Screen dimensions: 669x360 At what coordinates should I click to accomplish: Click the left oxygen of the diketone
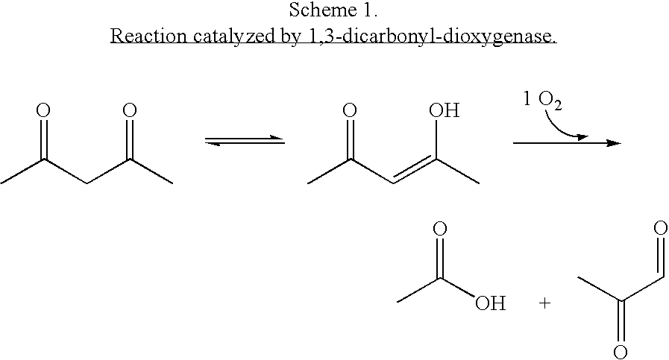point(44,111)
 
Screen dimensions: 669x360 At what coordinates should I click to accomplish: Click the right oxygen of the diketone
point(129,111)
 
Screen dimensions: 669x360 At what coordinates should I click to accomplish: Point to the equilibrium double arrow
point(245,140)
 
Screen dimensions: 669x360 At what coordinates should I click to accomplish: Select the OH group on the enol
point(444,111)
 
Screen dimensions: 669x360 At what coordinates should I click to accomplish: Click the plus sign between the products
point(544,304)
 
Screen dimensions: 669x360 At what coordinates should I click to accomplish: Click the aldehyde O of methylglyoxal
point(660,227)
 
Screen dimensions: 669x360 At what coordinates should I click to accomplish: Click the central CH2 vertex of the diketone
point(87,183)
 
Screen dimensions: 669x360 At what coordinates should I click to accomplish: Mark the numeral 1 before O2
point(527,101)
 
